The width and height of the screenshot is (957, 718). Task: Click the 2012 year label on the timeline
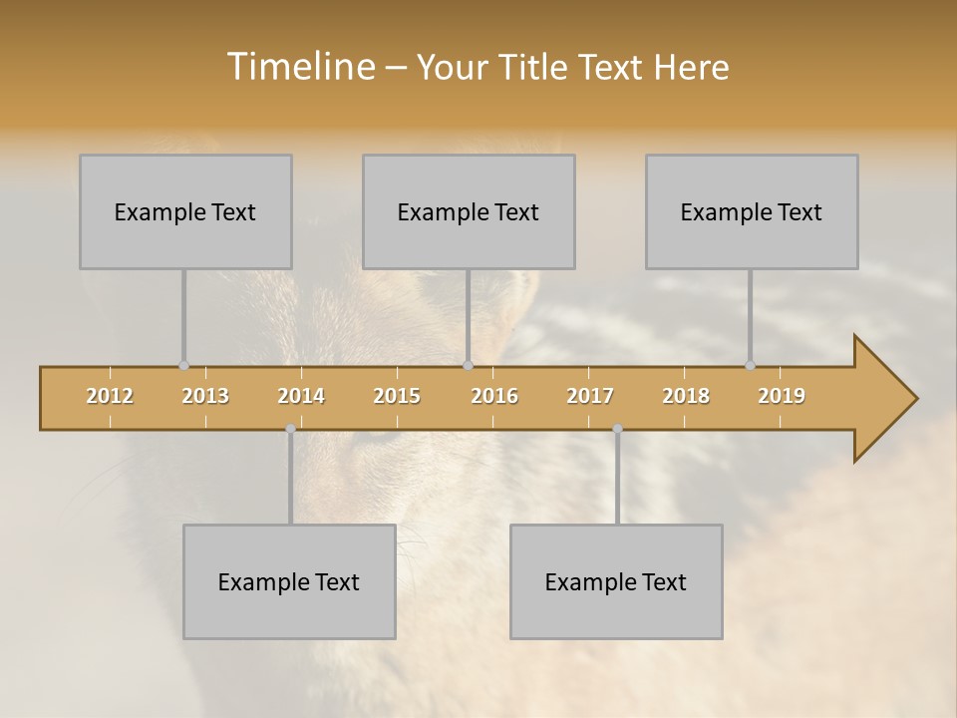pyautogui.click(x=110, y=396)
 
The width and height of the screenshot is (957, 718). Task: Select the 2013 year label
pyautogui.click(x=205, y=396)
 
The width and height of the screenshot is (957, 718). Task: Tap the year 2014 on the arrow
pyautogui.click(x=301, y=396)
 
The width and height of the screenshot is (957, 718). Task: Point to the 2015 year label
pyautogui.click(x=397, y=396)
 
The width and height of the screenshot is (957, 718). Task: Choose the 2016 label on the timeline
pyautogui.click(x=494, y=396)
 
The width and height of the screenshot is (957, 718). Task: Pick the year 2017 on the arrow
pyautogui.click(x=590, y=396)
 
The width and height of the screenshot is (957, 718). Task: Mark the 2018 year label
pyautogui.click(x=686, y=396)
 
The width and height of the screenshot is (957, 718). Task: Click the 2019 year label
pyautogui.click(x=782, y=396)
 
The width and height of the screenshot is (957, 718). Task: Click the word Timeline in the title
pyautogui.click(x=298, y=67)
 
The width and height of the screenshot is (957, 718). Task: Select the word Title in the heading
pyautogui.click(x=535, y=67)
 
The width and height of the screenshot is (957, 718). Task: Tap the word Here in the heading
pyautogui.click(x=691, y=67)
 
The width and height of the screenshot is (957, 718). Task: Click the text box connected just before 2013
pyautogui.click(x=185, y=211)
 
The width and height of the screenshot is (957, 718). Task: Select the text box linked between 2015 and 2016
pyautogui.click(x=469, y=211)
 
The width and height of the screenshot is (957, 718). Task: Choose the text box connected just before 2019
pyautogui.click(x=752, y=211)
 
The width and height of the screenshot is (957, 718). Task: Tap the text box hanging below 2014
pyautogui.click(x=289, y=581)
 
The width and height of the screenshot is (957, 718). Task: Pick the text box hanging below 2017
pyautogui.click(x=616, y=581)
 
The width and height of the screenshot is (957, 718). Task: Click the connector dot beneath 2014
pyautogui.click(x=290, y=429)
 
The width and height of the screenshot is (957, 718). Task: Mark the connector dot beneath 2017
pyautogui.click(x=617, y=429)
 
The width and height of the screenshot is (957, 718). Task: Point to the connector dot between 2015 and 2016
pyautogui.click(x=468, y=366)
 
